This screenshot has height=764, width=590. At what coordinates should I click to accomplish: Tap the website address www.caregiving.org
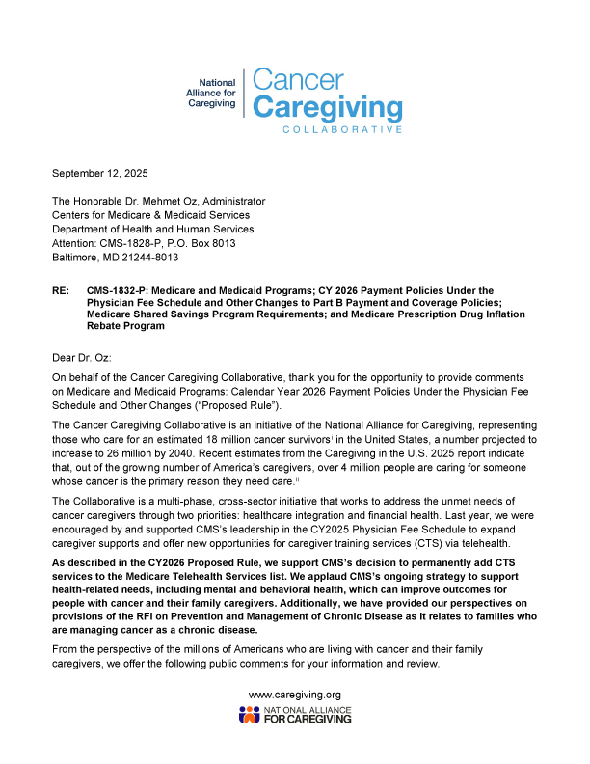pos(294,695)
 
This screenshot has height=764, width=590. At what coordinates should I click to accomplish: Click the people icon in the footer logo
pos(248,715)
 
